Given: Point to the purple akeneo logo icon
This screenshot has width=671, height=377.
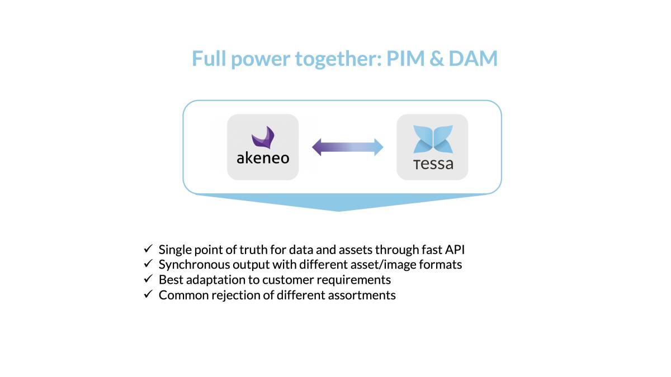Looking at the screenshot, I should [263, 139].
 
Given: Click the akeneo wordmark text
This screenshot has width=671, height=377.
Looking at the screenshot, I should [263, 158].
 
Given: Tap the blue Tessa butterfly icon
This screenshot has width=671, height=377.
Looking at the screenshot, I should [432, 140].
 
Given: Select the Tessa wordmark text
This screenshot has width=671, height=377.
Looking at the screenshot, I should [433, 164].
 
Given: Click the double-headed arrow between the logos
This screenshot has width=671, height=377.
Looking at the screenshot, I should [348, 147].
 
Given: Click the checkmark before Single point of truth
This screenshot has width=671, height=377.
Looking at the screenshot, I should [148, 249].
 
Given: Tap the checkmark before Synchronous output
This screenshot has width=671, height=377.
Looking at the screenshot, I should [148, 264].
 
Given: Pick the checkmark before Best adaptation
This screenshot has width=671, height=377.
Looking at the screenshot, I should [148, 279].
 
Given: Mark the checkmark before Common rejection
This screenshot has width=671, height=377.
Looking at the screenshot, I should [148, 294].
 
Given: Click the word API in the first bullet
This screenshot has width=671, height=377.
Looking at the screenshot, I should [455, 249].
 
